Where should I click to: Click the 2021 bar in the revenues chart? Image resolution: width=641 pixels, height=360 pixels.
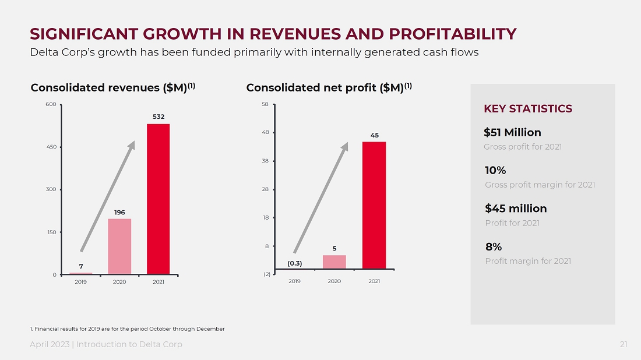(158, 199)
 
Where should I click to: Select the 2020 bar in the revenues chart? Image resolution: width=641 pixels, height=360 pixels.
(119, 246)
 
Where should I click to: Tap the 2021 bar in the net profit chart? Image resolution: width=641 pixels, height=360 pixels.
(374, 206)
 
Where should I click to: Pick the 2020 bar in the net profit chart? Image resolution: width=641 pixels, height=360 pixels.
(334, 262)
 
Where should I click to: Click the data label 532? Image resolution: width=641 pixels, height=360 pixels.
(159, 117)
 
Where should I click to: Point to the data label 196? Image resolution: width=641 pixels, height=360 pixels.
(119, 213)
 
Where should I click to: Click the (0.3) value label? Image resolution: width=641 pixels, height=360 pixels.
(295, 263)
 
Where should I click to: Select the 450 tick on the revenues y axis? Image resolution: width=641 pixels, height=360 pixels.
(51, 147)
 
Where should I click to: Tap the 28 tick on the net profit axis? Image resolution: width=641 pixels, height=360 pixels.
(266, 189)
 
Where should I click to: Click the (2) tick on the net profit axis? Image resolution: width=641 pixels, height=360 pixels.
(267, 274)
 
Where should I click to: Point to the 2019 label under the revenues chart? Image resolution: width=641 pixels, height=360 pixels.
(80, 282)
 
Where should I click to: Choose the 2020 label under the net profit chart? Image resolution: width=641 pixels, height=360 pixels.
(334, 281)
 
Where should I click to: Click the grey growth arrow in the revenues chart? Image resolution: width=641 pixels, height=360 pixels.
(108, 196)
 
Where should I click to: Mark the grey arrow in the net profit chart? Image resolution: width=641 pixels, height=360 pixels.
(321, 198)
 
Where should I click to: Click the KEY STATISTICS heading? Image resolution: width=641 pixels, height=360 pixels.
(528, 109)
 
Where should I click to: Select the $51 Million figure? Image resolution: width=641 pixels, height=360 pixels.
(512, 132)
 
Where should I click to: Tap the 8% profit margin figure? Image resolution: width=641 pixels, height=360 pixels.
(494, 247)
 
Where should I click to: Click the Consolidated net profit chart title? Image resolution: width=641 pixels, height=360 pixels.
(329, 87)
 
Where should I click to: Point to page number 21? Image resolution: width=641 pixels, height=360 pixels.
(624, 344)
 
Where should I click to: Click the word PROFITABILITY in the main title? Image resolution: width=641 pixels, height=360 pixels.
(453, 34)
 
